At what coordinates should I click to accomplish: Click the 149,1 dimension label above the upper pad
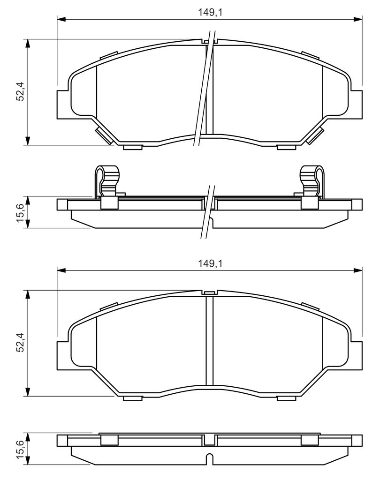click(x=210, y=12)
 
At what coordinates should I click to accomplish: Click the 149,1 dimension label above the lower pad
click(x=210, y=263)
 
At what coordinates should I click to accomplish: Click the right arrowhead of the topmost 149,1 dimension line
click(x=358, y=19)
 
